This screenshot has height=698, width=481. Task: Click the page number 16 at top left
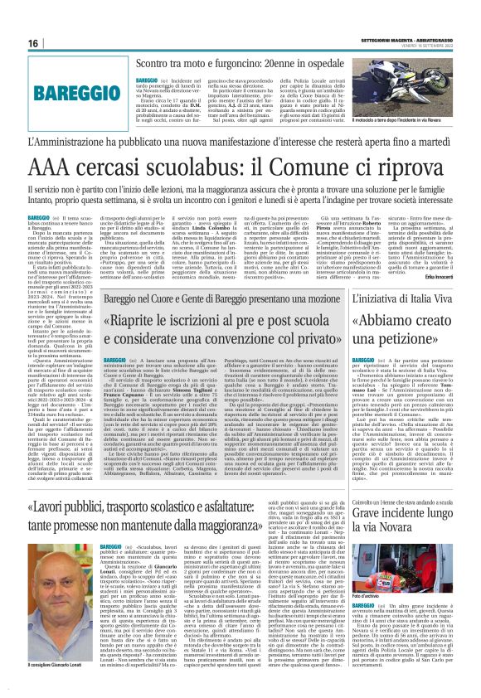[34, 42]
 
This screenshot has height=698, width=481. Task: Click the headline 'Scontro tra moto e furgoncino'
[216, 64]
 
